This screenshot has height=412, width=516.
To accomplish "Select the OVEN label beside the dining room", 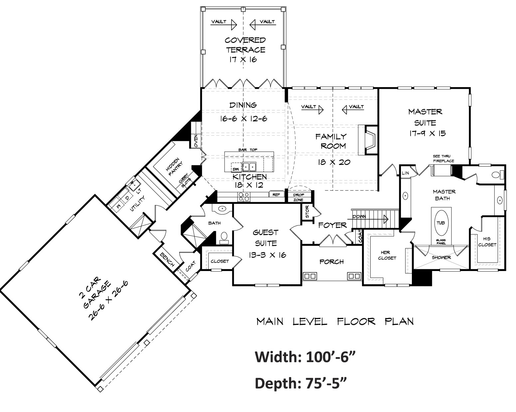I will click(196, 141).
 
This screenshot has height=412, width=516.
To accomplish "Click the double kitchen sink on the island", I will click(249, 166).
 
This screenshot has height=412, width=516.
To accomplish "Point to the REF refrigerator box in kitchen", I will click(276, 195).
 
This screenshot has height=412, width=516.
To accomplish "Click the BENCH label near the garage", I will click(167, 259).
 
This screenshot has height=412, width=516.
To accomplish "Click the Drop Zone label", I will click(298, 197).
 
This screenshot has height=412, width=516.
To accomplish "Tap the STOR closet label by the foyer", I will click(307, 212).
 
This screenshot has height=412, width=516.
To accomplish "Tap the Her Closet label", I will click(386, 255).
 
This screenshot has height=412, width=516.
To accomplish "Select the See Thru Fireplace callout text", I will click(443, 159).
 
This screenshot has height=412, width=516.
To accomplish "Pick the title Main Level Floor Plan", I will click(335, 322).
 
